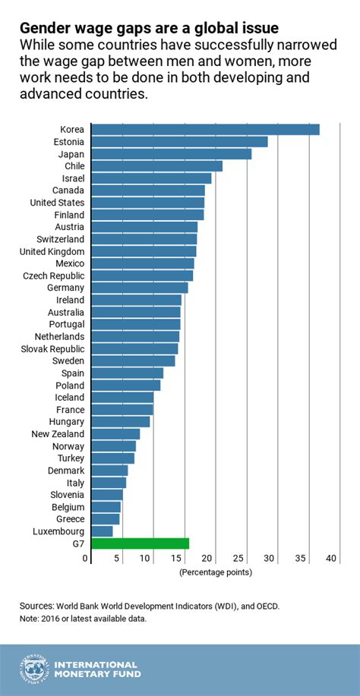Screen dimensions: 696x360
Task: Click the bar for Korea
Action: [x=205, y=130]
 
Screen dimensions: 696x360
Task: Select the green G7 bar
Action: [x=140, y=543]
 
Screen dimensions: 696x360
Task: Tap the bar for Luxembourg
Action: [x=102, y=531]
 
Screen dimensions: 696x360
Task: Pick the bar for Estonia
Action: [x=179, y=142]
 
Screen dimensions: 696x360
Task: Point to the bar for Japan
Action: [x=171, y=154]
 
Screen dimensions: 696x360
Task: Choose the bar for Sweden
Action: [x=133, y=361]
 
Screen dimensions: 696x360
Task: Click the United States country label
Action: [x=57, y=203]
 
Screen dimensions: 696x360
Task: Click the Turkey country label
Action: [x=71, y=458]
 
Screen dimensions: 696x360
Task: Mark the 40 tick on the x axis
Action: [x=331, y=559]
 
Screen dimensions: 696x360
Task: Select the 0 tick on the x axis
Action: [x=86, y=559]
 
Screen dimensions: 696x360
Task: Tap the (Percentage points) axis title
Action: [x=215, y=572]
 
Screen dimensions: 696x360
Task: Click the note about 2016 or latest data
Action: [x=84, y=619]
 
